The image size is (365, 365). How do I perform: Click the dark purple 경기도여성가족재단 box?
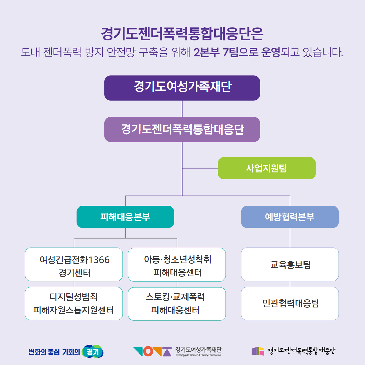click(182, 88)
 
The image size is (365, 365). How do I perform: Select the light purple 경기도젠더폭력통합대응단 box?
click(182, 129)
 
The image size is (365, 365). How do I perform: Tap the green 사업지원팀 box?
click(267, 168)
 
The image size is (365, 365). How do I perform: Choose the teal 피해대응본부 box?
click(125, 217)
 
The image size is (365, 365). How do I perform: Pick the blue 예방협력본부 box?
click(290, 217)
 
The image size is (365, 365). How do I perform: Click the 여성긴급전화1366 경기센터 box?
click(74, 264)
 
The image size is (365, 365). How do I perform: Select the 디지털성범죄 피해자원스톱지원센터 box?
click(74, 303)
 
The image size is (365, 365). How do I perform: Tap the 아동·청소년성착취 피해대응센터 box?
click(177, 265)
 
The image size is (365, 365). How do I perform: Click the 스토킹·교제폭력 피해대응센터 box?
click(177, 304)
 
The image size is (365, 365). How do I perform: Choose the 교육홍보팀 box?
click(290, 264)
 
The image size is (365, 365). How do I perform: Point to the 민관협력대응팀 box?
click(290, 303)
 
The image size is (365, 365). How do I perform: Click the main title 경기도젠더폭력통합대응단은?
click(182, 34)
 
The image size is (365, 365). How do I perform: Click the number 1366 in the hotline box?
click(99, 260)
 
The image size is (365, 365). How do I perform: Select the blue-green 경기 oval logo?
click(93, 351)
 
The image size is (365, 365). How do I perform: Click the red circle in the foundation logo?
click(148, 351)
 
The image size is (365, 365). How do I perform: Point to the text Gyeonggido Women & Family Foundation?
click(198, 355)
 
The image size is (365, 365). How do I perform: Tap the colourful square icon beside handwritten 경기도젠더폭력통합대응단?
click(258, 351)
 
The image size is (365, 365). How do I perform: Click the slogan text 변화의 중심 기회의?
click(54, 352)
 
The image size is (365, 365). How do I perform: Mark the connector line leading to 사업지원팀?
click(200, 168)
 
